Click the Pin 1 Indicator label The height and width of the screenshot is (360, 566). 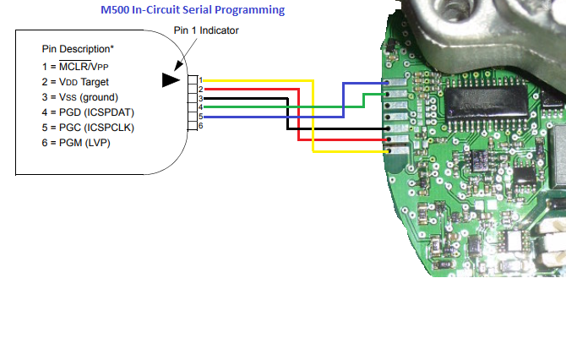click(206, 30)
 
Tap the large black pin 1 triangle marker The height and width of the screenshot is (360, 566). click(172, 79)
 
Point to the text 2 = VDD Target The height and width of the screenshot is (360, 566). click(78, 82)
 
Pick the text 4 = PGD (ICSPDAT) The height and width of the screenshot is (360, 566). click(89, 112)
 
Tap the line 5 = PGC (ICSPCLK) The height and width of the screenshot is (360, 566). click(89, 128)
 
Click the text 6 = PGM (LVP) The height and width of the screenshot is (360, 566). click(76, 143)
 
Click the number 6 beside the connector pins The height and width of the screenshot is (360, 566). click(200, 126)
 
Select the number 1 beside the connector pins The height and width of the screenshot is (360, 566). click(200, 79)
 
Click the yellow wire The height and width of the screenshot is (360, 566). click(314, 118)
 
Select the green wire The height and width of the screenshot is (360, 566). click(279, 107)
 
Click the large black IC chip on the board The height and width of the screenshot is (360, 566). click(482, 103)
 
